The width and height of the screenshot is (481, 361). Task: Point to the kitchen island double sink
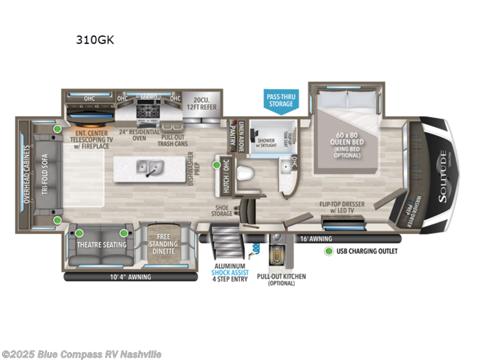[x=150, y=169]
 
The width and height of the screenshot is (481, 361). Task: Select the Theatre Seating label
[x=102, y=244]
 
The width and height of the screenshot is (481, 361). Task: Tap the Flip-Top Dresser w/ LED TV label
[x=344, y=207]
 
